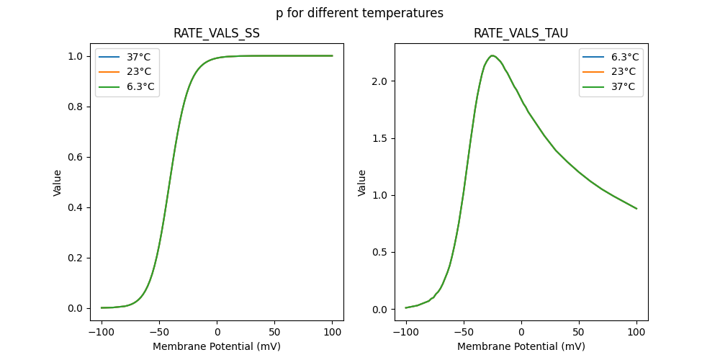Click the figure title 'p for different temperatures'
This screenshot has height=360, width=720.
tap(359, 13)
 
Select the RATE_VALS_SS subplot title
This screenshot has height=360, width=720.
tap(217, 34)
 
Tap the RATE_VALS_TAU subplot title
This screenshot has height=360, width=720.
tap(521, 34)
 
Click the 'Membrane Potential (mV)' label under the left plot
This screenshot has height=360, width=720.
tap(217, 346)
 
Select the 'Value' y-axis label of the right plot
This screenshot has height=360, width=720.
tap(362, 182)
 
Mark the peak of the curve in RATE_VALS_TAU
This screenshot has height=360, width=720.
tap(492, 55)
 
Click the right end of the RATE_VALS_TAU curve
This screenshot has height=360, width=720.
tap(636, 209)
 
